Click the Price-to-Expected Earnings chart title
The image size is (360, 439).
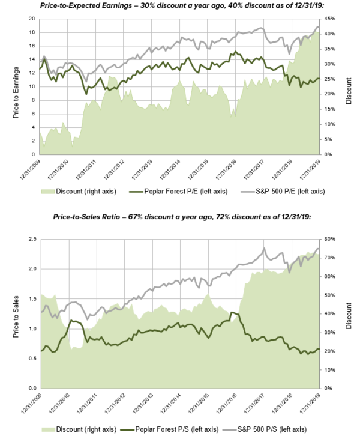click(x=179, y=5)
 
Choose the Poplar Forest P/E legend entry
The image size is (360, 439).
click(x=176, y=192)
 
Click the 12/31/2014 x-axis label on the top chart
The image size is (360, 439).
click(x=170, y=169)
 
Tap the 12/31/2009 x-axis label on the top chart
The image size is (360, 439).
click(x=29, y=169)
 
